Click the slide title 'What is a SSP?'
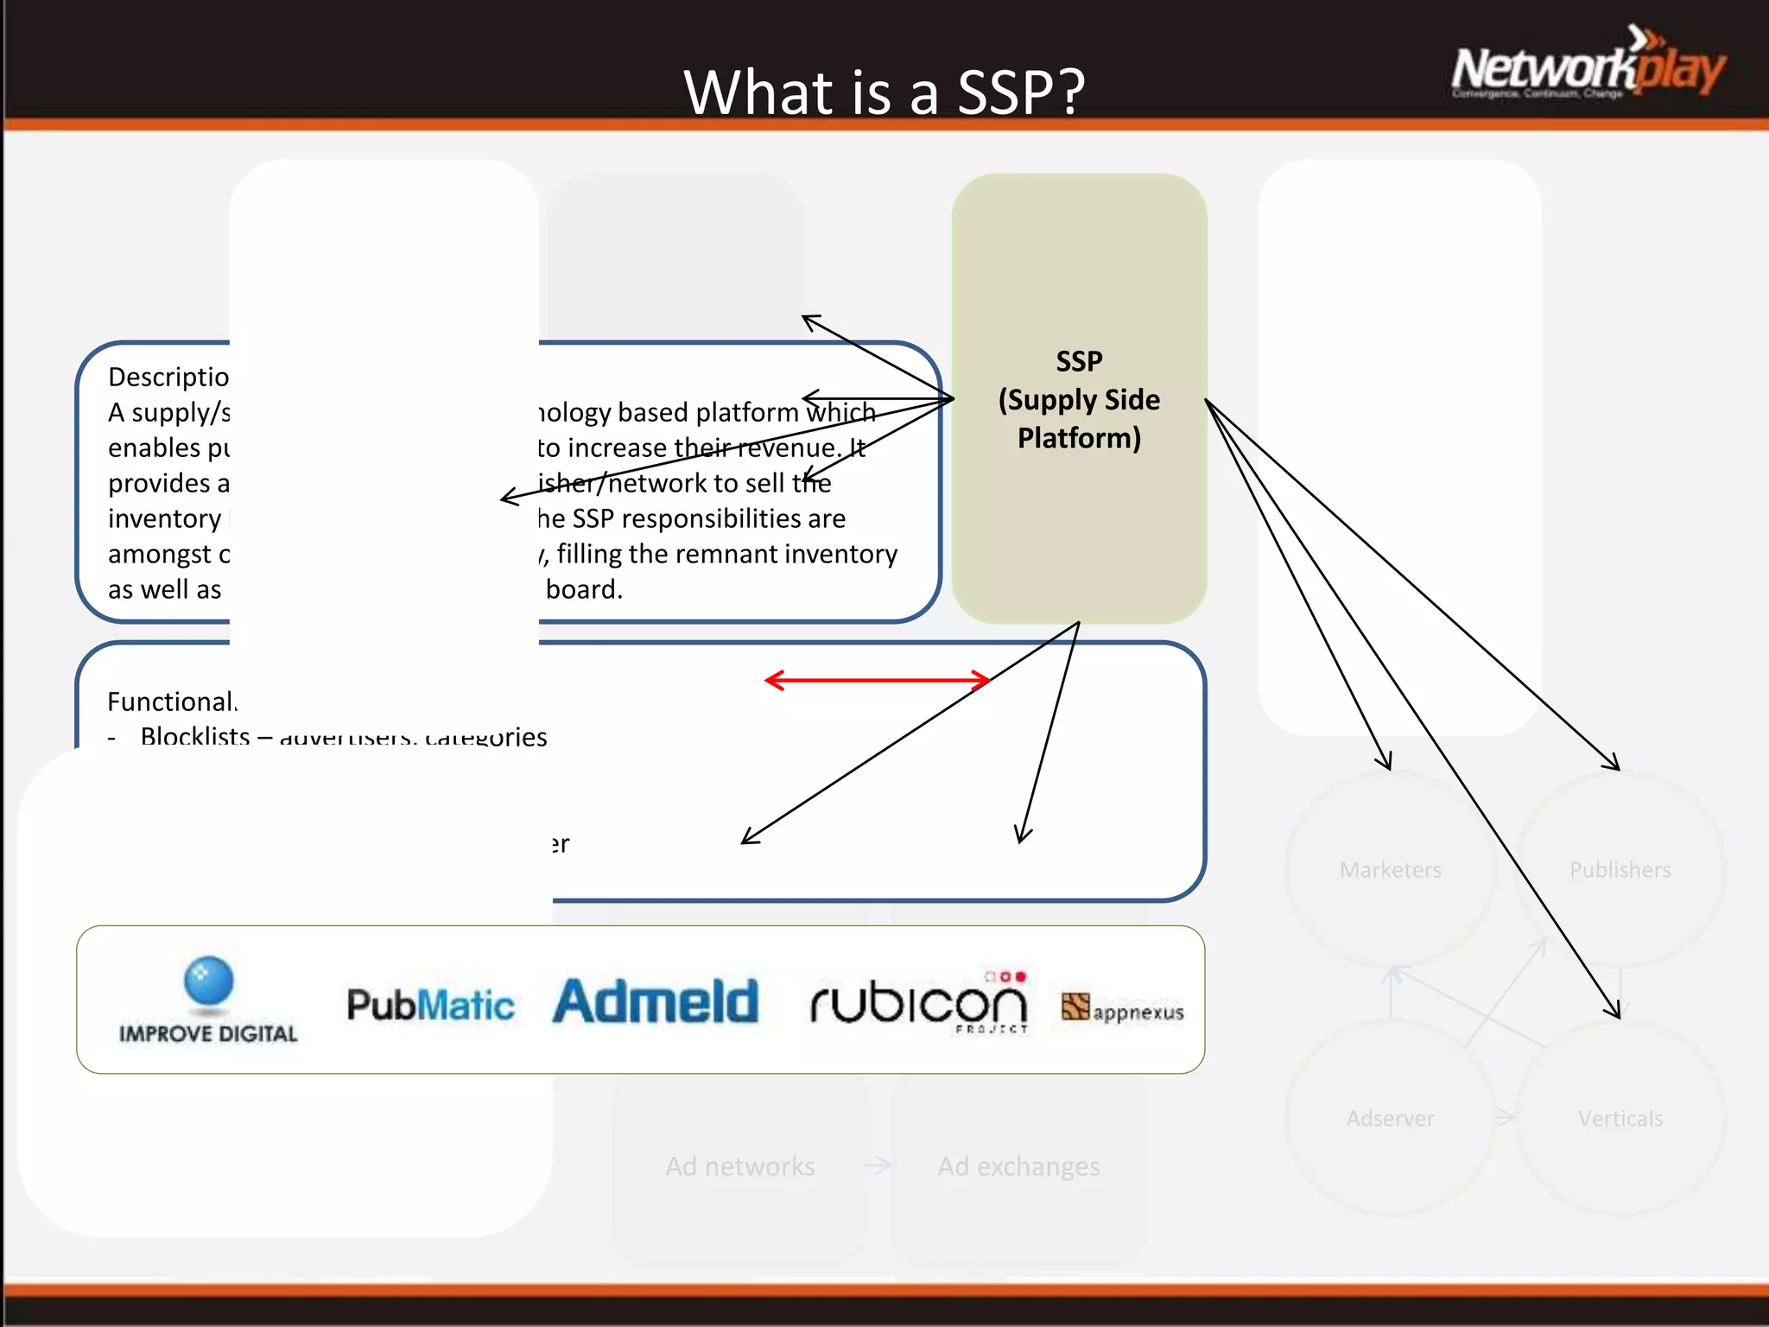884,92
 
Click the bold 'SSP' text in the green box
1079,361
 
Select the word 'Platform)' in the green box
1079,438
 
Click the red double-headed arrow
877,680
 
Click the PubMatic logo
430,1005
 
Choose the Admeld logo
656,1002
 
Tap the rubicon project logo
919,1002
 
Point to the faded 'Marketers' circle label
1391,870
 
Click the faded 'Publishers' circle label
1620,870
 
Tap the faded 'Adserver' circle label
1390,1119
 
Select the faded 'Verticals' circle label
1620,1119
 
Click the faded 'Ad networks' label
739,1167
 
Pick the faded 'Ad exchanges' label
1018,1167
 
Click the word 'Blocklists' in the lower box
195,736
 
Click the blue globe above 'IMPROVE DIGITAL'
208,981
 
